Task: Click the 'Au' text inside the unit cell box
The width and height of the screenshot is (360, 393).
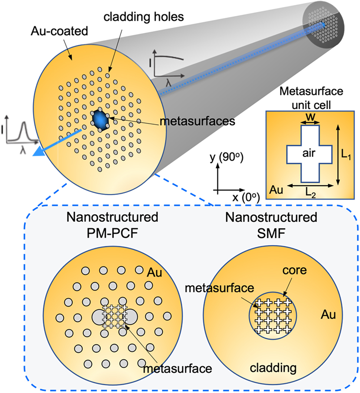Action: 276,191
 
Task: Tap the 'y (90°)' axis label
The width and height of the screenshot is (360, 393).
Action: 226,158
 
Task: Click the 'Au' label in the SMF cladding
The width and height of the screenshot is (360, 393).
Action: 329,315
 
